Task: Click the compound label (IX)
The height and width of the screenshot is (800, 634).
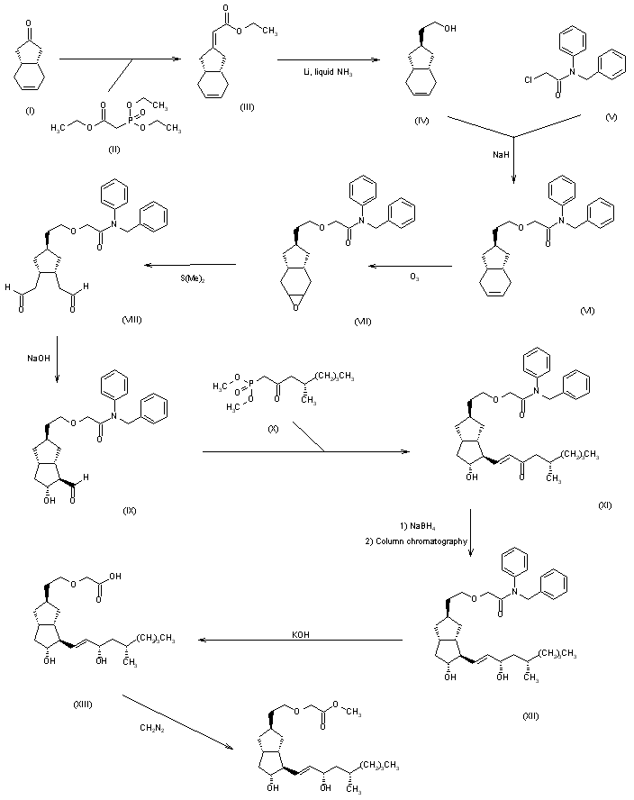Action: tap(129, 511)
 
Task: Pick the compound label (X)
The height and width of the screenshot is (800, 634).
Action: tap(273, 428)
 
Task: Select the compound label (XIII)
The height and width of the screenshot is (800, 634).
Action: tap(82, 704)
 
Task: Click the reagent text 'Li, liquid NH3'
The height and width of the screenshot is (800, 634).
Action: tap(328, 73)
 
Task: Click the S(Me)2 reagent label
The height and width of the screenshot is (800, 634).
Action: tap(192, 277)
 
